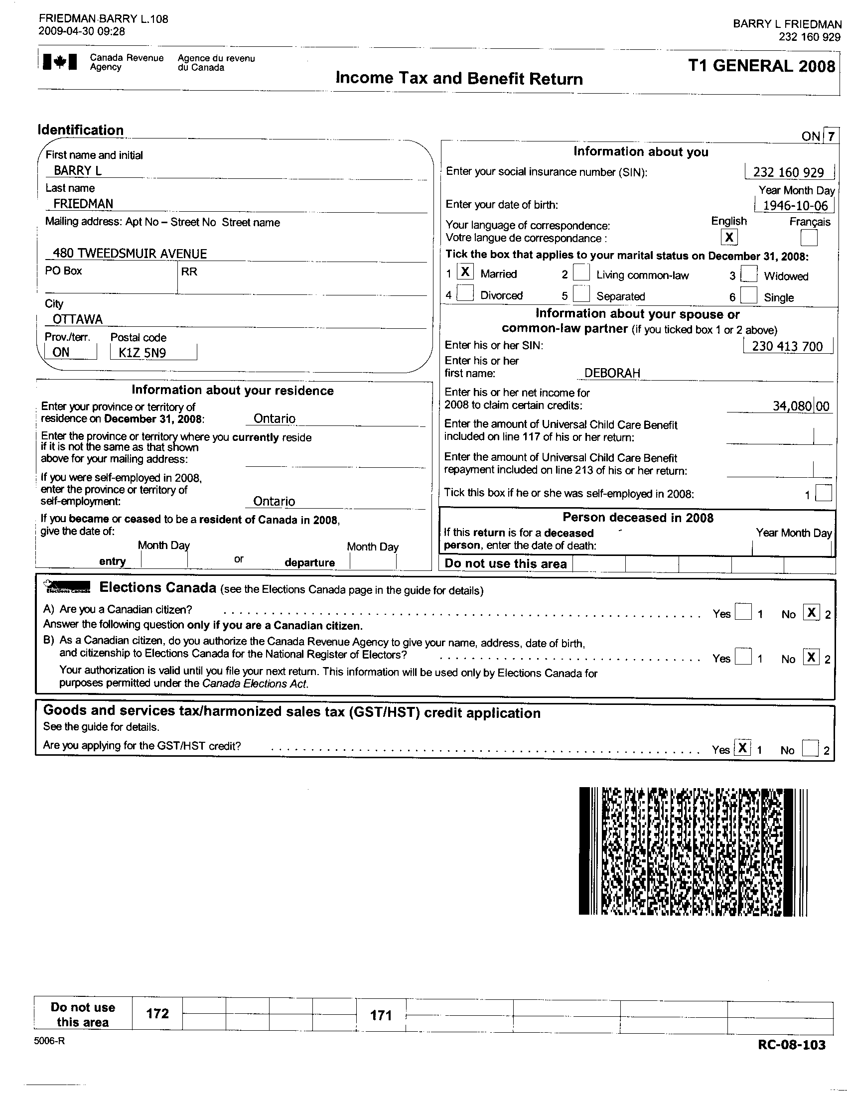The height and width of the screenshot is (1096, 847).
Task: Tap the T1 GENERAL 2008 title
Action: (x=761, y=66)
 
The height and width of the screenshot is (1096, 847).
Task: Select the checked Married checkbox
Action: (x=465, y=272)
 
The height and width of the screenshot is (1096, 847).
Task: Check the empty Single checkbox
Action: (x=748, y=295)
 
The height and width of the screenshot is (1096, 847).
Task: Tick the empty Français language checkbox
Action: (x=808, y=237)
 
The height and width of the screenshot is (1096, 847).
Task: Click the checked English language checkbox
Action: (x=728, y=237)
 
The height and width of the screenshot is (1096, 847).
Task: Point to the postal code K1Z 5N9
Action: (x=142, y=353)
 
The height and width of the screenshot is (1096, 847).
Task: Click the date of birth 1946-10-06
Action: (x=795, y=206)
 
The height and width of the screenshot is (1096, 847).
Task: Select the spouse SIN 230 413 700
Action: (x=787, y=346)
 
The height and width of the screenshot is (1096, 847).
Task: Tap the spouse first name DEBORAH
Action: (x=612, y=373)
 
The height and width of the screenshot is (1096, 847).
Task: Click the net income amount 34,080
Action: (x=791, y=406)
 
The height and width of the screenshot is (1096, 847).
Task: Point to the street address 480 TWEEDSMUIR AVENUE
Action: (x=130, y=254)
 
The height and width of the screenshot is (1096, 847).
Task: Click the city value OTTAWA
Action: (x=78, y=320)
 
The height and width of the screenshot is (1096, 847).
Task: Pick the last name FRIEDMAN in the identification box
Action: (x=83, y=204)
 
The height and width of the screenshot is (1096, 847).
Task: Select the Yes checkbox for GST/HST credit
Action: (x=742, y=748)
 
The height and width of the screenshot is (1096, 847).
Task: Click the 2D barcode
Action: (x=693, y=851)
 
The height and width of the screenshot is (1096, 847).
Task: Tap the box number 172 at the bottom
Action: (x=157, y=1014)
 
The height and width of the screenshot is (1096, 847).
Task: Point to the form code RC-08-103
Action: (x=791, y=1044)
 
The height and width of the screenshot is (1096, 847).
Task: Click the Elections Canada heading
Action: (x=157, y=588)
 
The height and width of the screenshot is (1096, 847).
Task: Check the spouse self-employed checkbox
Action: (x=824, y=493)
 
